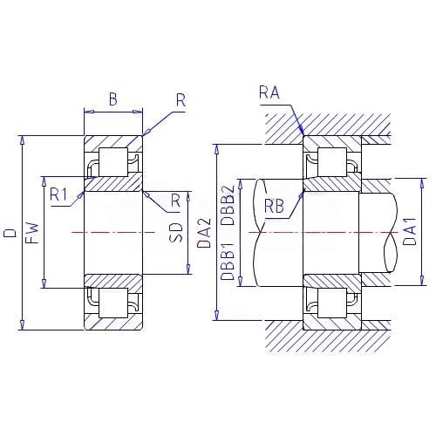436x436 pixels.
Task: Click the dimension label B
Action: pos(113,99)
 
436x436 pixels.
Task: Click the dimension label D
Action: pos(10,233)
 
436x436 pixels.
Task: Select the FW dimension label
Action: pos(32,233)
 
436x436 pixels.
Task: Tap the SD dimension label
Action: pos(176,233)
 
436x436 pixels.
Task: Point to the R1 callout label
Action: pos(58,194)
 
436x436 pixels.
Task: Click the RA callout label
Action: pos(269,92)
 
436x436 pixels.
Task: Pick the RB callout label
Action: pos(274,206)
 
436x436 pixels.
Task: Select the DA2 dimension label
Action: pos(204,233)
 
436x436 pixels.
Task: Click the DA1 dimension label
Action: pos(410,231)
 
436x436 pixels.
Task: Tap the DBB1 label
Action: pos(228,262)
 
